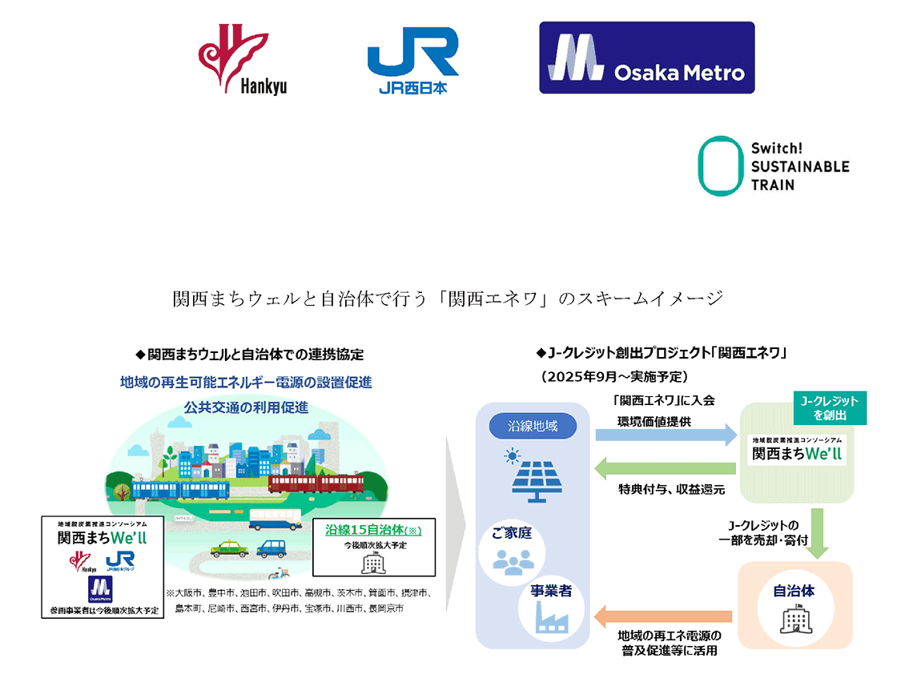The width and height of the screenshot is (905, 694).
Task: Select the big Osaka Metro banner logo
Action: pos(646,58)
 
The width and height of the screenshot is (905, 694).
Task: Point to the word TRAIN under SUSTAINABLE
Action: pos(773,185)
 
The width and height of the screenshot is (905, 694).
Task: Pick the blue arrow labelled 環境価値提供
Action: pos(666,435)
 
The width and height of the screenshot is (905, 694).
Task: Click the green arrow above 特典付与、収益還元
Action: pos(666,470)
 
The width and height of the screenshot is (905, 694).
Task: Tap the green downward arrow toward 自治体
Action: pos(818,532)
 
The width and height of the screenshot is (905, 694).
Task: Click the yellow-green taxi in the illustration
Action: pos(224,550)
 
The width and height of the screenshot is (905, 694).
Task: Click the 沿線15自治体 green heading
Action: pos(373,530)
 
